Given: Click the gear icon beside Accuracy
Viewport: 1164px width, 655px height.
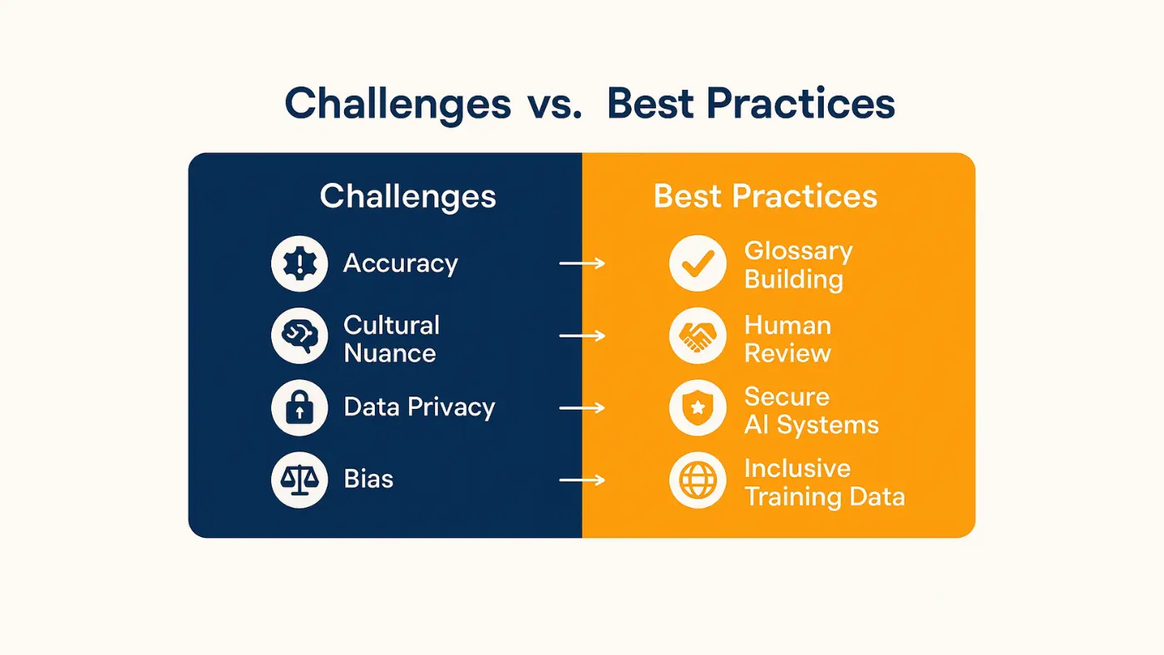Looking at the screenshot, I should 299,263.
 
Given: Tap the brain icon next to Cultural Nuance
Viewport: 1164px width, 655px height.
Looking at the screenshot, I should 299,336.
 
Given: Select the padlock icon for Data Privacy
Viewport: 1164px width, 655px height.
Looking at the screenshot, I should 299,408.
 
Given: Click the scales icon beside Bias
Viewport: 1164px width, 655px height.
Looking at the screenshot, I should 299,480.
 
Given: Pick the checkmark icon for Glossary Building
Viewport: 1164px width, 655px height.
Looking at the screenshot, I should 698,263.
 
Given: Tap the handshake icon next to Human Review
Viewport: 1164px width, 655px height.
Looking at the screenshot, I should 698,336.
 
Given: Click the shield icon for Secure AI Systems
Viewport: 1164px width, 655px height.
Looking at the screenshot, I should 698,408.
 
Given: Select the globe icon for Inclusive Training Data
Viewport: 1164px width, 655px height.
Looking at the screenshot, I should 698,480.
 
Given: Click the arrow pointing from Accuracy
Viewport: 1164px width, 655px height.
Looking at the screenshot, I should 582,263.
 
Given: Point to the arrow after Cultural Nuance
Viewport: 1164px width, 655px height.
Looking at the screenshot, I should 582,336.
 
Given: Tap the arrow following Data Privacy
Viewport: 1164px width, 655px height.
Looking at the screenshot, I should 582,408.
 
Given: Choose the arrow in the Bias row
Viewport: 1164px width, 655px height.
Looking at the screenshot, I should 582,480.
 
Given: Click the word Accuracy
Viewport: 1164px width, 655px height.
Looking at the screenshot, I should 401,263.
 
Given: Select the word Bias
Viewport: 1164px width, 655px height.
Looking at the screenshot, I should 368,480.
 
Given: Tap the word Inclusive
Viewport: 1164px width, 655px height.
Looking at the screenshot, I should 797,468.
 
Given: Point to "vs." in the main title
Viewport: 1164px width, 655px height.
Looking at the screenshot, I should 554,105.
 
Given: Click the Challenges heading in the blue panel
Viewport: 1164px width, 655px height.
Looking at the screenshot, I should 408,197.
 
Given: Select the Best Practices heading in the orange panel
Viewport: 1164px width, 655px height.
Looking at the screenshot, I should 765,197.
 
